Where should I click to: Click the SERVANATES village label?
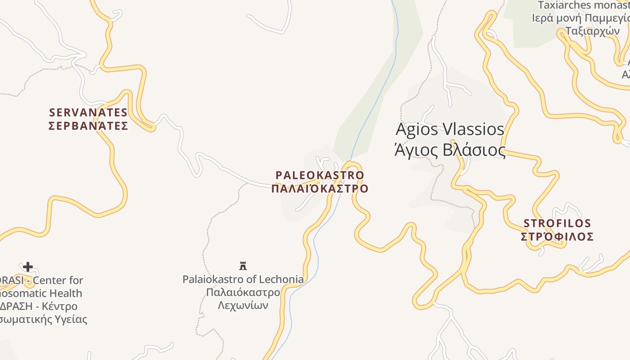(x=88, y=112)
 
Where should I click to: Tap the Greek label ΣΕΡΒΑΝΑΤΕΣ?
(x=88, y=126)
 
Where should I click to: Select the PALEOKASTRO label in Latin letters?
(x=319, y=175)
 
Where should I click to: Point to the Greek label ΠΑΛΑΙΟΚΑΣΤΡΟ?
(x=319, y=189)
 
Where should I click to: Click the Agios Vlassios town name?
(x=450, y=130)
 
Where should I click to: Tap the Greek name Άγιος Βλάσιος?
(x=450, y=150)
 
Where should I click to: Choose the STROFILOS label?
(x=557, y=223)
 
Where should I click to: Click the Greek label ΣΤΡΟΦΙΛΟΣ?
(x=557, y=237)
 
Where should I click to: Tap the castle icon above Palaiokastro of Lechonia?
(x=243, y=265)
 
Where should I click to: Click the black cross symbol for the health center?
(x=28, y=267)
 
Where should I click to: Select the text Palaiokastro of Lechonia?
(x=243, y=279)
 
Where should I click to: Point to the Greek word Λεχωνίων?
(x=243, y=305)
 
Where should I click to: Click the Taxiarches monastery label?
(x=583, y=5)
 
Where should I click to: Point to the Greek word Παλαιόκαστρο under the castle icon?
(x=243, y=292)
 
